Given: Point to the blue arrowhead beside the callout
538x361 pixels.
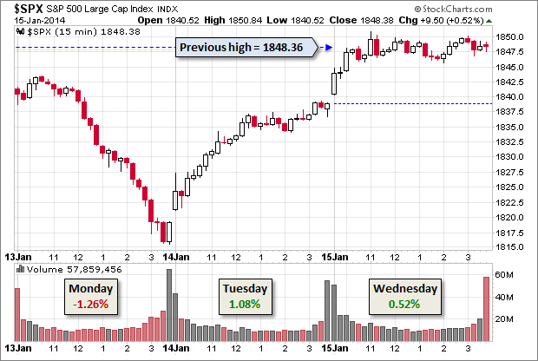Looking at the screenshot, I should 331,47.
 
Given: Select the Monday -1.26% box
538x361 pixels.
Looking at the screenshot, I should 89,296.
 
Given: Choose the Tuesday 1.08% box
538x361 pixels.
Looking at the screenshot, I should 243,296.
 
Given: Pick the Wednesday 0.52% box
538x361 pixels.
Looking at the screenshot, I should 404,296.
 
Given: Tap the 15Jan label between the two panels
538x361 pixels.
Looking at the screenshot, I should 335,257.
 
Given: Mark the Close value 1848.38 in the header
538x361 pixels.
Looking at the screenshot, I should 403,18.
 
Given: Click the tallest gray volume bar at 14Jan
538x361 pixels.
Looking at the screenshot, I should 169,304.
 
